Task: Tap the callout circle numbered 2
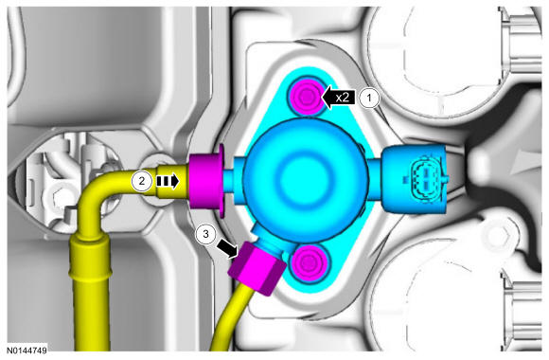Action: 142,181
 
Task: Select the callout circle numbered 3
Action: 206,234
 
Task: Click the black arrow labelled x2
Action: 338,98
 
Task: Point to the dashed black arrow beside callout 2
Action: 168,181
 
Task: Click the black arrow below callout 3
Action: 227,249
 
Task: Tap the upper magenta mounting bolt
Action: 307,96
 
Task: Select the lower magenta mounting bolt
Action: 309,261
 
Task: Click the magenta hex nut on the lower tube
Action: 257,268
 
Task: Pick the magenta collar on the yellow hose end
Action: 206,181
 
